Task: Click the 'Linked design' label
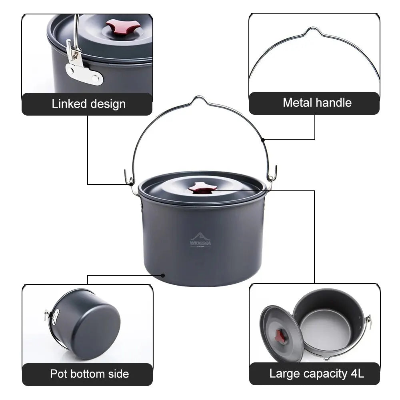pos(88,104)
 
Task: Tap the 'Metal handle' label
pos(317,103)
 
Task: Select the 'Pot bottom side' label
pos(89,374)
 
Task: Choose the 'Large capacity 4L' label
pos(316,374)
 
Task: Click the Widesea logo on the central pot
pos(201,240)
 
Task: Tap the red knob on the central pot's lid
pos(203,188)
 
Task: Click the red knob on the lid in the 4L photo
pos(282,335)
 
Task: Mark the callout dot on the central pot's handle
pos(262,140)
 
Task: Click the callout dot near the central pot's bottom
pos(163,275)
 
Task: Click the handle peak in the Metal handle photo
pos(313,30)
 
